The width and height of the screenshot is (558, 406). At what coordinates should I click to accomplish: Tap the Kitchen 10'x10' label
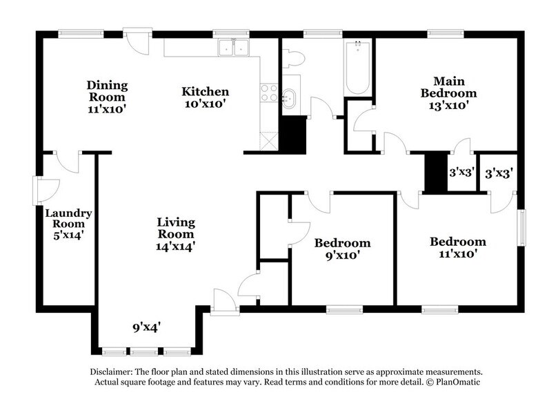coord(205,97)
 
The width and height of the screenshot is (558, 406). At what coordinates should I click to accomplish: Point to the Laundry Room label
coord(69,224)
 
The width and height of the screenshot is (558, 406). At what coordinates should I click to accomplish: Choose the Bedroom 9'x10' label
coord(342,249)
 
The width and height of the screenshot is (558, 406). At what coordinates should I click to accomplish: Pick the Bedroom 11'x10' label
coord(457,247)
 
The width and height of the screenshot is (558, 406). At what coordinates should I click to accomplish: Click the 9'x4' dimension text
coord(148,327)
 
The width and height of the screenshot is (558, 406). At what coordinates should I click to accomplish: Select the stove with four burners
coord(269,93)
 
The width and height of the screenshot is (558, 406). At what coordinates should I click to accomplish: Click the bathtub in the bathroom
coord(358,68)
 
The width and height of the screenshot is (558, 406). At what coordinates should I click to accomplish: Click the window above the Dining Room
coord(81,32)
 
